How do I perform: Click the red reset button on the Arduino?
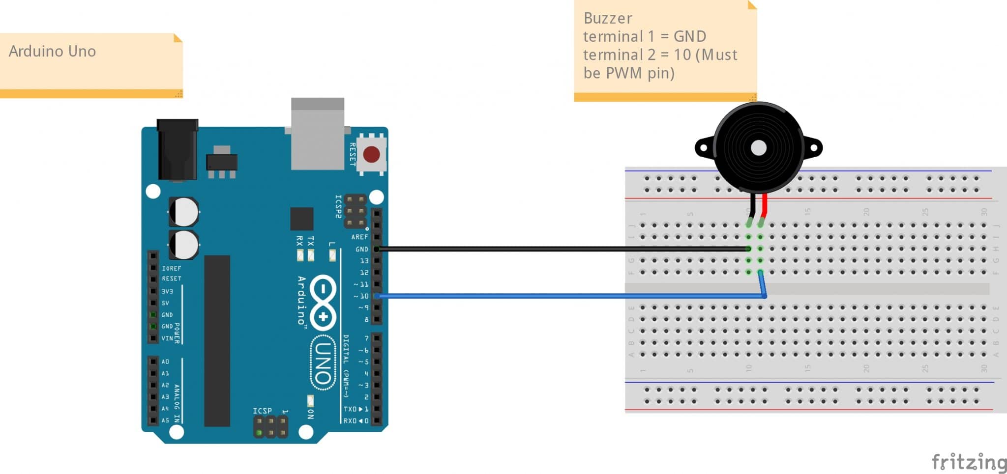coord(371,154)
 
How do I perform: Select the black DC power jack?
coord(177,150)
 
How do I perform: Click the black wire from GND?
coord(561,249)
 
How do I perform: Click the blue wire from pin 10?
coord(561,296)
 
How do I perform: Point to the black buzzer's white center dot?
coord(759,148)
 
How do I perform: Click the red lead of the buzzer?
coord(765,205)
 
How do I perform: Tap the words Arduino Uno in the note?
coord(52,52)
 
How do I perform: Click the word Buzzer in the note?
coord(608,18)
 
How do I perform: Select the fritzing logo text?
coord(969,462)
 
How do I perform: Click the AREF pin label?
coord(359,237)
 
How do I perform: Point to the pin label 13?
coord(364,261)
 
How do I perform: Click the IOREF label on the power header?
coord(171,269)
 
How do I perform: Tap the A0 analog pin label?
coord(165,362)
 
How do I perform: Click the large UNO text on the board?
coord(323,363)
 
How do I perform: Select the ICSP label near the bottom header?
coord(262,411)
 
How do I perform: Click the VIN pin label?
coord(167,338)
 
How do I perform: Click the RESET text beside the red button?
coord(353,154)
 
